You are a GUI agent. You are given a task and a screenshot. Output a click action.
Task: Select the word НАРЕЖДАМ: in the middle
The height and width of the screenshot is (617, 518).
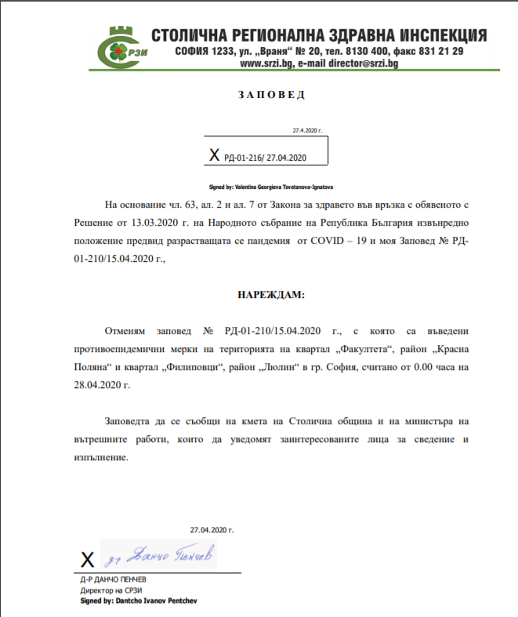(x=270, y=296)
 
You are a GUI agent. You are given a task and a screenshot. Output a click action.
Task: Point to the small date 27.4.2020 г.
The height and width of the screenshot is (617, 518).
(x=308, y=131)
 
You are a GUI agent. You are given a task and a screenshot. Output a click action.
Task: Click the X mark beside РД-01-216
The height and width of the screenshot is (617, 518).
(x=215, y=156)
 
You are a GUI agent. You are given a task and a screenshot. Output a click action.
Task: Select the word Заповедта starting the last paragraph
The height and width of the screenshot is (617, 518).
(x=131, y=423)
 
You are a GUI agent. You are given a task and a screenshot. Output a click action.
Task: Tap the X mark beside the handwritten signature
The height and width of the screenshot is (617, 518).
(x=88, y=560)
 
